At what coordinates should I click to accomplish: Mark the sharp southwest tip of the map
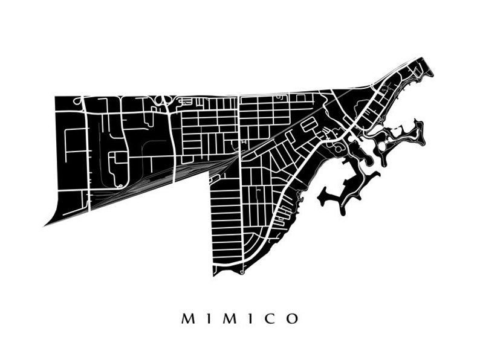[x=46, y=225]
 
